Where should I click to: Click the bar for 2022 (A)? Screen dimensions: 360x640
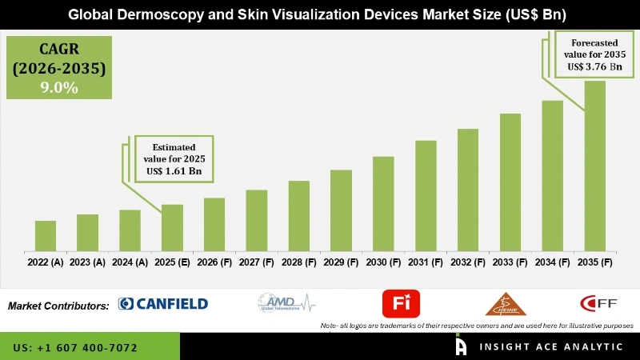[46, 236]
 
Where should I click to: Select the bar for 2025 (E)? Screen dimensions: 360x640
[172, 228]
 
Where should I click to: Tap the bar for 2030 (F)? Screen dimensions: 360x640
[383, 204]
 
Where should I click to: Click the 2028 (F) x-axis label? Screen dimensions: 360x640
[298, 262]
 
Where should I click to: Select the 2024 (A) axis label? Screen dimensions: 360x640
[130, 262]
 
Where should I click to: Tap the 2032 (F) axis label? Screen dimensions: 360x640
[468, 262]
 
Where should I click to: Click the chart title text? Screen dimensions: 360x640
[320, 14]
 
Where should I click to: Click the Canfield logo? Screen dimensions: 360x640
[163, 303]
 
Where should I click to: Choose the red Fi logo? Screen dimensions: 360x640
[401, 303]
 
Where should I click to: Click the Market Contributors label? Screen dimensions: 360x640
[58, 306]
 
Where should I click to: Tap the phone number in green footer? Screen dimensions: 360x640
[75, 348]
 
